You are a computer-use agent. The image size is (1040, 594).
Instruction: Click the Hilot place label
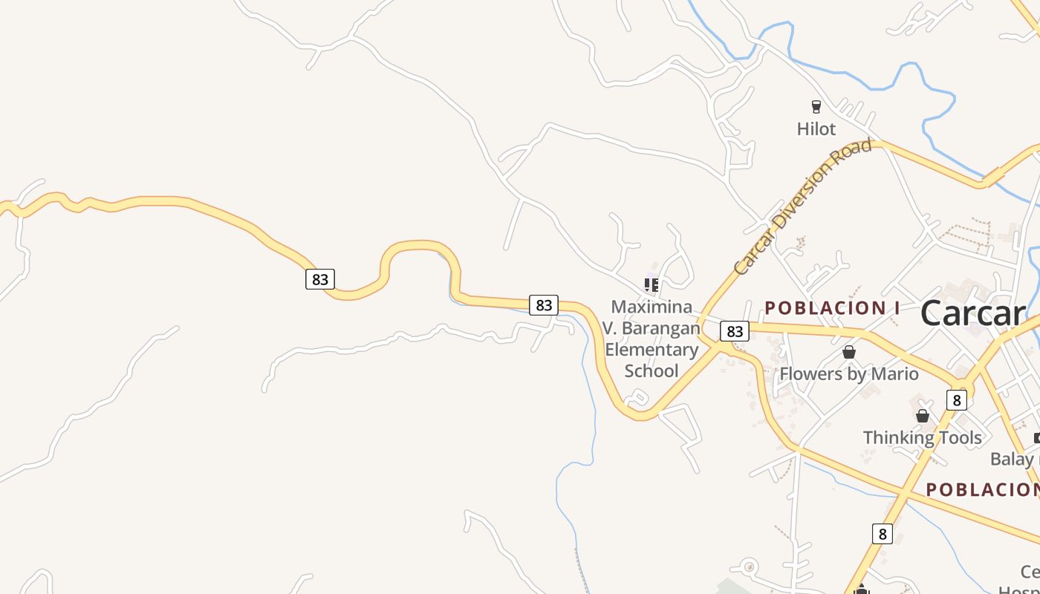click(x=816, y=128)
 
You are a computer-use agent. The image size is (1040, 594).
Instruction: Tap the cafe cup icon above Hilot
click(x=816, y=106)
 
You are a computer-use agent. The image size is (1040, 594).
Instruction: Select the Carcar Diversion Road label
click(x=802, y=206)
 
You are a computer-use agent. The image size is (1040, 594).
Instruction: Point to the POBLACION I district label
click(x=832, y=307)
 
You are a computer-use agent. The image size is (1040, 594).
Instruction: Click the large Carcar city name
click(x=972, y=313)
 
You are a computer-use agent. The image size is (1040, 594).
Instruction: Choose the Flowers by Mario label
click(x=848, y=373)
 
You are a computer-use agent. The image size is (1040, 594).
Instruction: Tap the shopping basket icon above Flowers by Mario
click(x=848, y=352)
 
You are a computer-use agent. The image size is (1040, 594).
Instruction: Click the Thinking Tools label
click(x=922, y=437)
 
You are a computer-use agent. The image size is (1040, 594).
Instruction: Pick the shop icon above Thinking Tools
click(x=922, y=416)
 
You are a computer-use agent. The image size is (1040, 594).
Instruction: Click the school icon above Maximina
click(x=651, y=284)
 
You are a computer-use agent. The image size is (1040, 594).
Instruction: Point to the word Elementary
click(x=651, y=349)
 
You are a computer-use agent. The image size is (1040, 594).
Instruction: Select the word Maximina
click(x=651, y=307)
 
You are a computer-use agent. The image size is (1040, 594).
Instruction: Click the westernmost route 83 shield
click(x=319, y=279)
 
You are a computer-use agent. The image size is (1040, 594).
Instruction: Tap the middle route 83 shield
click(x=544, y=304)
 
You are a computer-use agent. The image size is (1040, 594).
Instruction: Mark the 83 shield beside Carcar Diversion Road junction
click(x=734, y=331)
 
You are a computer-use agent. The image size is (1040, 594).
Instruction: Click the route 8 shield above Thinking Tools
click(x=956, y=400)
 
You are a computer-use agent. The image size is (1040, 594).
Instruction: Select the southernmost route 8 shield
click(x=882, y=533)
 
